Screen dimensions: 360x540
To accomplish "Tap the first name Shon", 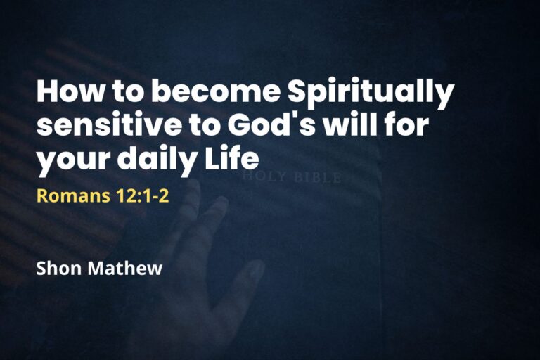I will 58,268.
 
